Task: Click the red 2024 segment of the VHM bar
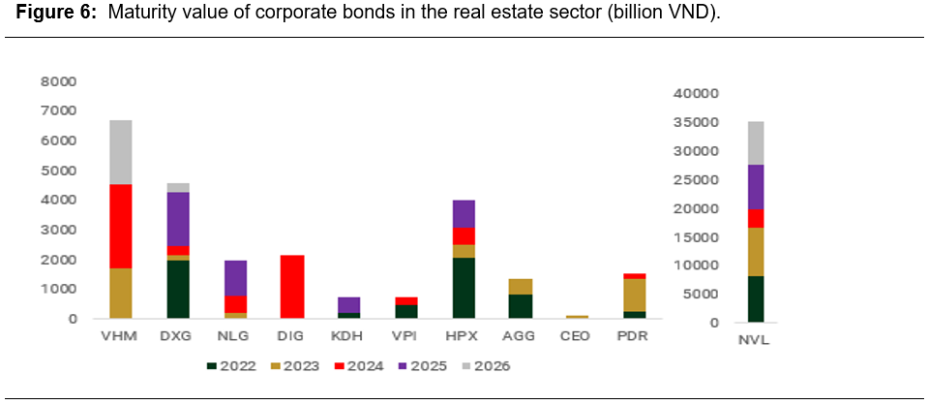[x=121, y=226]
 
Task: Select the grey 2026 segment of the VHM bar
[x=121, y=152]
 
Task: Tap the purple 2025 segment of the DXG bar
[x=177, y=219]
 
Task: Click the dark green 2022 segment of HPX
[x=463, y=288]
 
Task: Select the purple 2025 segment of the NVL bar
[x=756, y=187]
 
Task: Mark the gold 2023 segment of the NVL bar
[x=756, y=252]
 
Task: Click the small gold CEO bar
[x=578, y=317]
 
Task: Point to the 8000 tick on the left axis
[x=58, y=81]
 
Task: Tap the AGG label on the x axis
[x=520, y=336]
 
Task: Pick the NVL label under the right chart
[x=756, y=340]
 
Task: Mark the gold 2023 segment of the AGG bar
[x=520, y=286]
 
